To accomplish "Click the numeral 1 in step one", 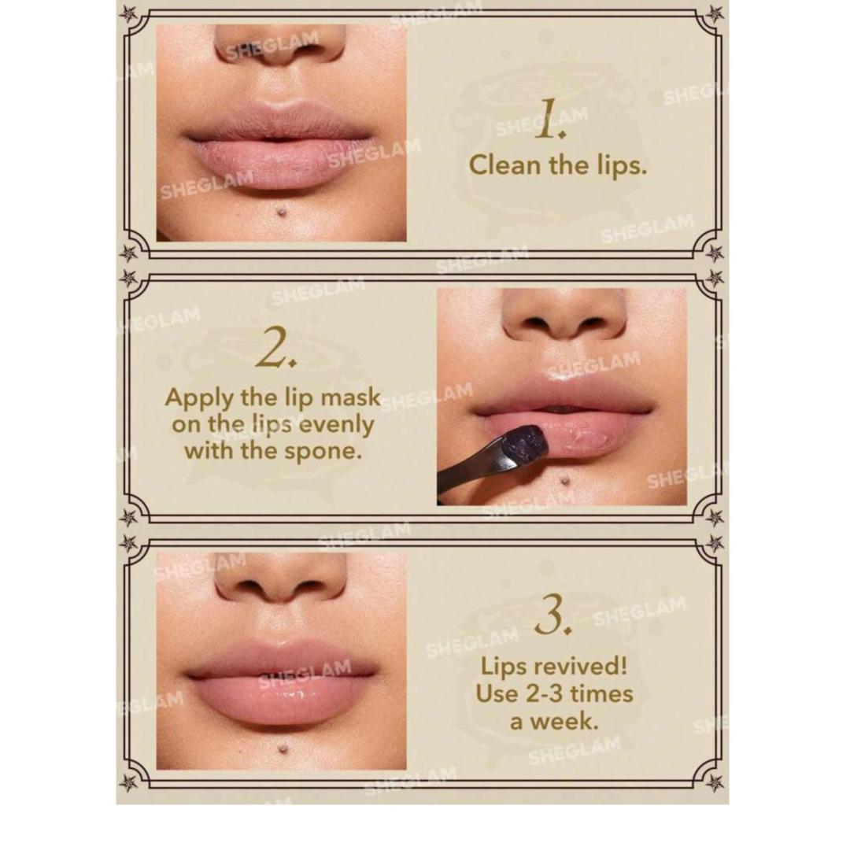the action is click(549, 120).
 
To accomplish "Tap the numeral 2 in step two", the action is click(276, 349).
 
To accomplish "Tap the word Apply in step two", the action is click(199, 398).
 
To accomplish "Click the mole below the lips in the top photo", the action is click(282, 213).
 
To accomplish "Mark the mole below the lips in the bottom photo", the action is click(282, 749).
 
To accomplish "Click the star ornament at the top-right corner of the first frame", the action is click(715, 13).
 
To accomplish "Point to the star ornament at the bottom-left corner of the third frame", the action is click(129, 782).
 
